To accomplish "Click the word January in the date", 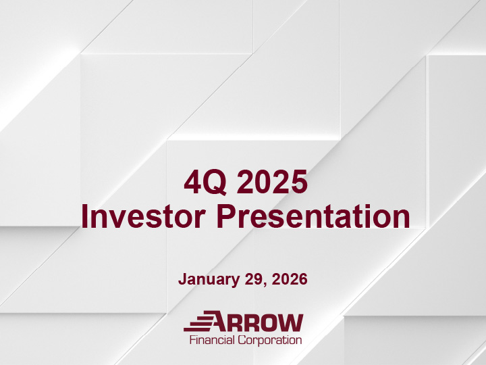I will tap(207, 278).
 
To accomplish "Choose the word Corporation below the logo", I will tap(269, 340).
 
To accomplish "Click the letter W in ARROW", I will tap(292, 322).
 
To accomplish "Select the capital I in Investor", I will tap(85, 217).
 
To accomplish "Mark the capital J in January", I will tap(182, 278).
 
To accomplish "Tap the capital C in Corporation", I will tap(241, 340).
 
